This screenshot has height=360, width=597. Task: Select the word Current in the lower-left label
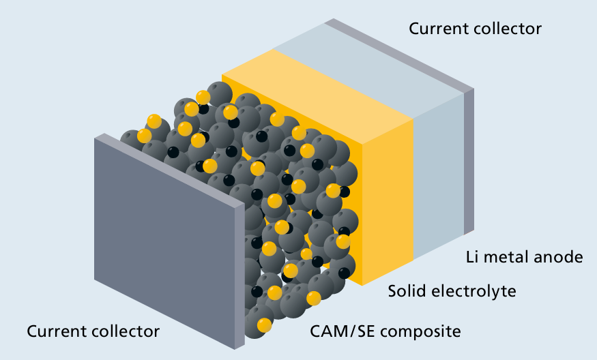click(57, 331)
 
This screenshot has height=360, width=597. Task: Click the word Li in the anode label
click(472, 257)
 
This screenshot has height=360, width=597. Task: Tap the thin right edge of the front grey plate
click(239, 273)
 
